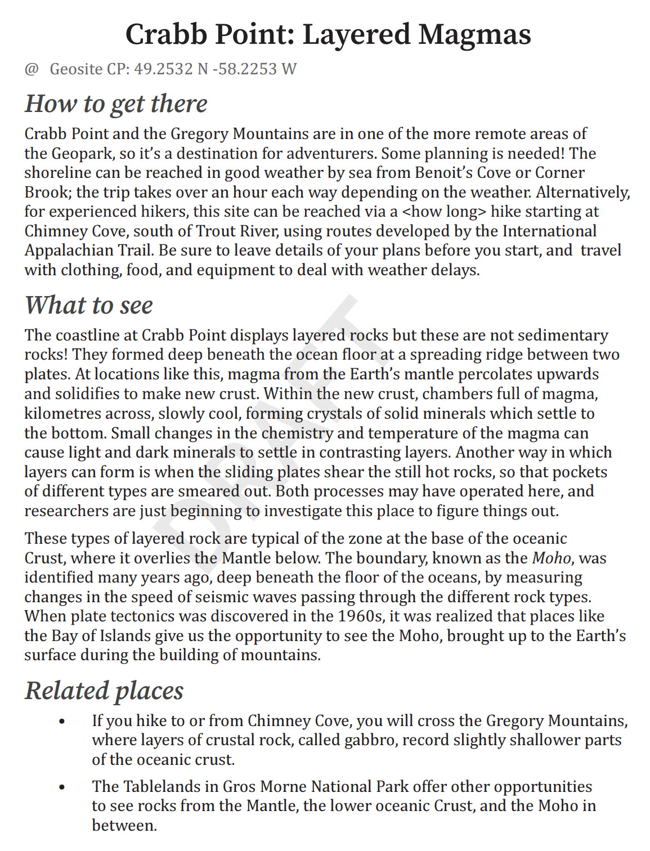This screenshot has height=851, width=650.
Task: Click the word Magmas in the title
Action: (x=474, y=35)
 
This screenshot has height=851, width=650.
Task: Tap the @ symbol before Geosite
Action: (x=32, y=69)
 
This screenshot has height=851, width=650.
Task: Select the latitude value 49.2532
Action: (x=163, y=69)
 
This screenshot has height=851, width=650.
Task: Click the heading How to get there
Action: (x=116, y=104)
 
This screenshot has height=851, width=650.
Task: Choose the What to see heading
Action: (x=89, y=306)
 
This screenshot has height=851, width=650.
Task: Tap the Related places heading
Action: (x=104, y=691)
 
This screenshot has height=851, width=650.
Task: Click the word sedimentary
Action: (x=563, y=335)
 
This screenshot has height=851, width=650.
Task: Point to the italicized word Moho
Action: (x=552, y=558)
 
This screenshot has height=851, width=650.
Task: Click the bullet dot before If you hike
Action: (x=62, y=722)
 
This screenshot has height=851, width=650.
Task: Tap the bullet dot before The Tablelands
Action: (x=62, y=787)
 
